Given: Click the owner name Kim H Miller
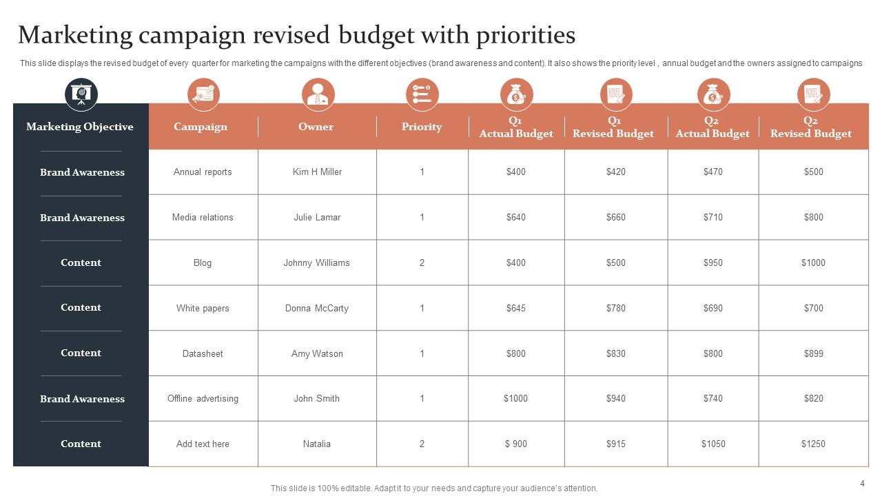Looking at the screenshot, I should tap(317, 172).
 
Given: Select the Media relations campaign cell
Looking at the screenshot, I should tap(203, 217).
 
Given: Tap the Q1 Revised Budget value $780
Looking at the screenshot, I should tap(615, 308).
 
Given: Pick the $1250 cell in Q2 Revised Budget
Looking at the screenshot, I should tap(813, 444).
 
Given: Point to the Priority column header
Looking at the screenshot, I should tap(422, 127).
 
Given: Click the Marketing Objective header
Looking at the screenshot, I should tap(80, 127).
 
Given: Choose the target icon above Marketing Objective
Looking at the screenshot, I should tap(81, 94).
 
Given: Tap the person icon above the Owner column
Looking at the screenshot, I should tap(318, 94).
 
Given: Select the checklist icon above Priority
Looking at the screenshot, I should tap(422, 94).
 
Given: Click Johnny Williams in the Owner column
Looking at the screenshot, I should tap(316, 262).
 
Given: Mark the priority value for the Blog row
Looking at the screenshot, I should tap(422, 262).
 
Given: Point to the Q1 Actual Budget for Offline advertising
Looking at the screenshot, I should tap(515, 398).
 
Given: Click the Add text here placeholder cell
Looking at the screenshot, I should tap(203, 444).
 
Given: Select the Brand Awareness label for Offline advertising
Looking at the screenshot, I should tap(82, 399).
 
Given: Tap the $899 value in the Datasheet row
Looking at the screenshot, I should tap(813, 353).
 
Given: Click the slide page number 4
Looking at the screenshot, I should tap(862, 484).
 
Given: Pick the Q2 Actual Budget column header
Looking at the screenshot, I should tap(712, 127).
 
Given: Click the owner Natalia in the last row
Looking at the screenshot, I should tap(316, 444).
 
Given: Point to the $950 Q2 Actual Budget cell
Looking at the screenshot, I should tap(712, 262).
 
